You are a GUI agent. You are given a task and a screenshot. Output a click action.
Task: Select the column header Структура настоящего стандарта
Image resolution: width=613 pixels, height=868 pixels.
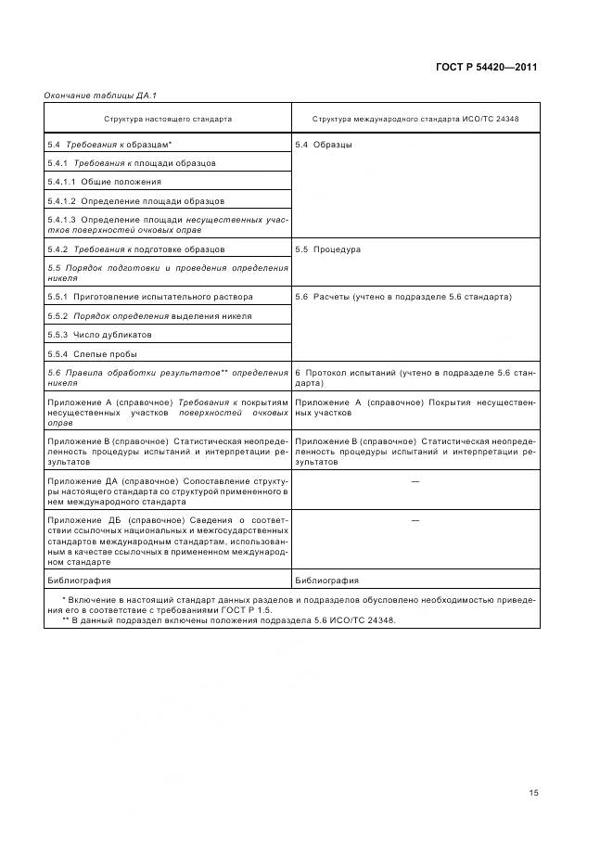coord(168,119)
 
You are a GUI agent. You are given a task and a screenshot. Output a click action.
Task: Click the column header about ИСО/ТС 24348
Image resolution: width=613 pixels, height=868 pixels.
coord(415,119)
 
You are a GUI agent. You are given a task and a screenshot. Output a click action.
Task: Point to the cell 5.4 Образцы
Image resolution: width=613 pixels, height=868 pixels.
coord(323,145)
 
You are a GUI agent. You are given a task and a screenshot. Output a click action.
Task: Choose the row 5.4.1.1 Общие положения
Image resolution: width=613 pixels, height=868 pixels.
coord(104,182)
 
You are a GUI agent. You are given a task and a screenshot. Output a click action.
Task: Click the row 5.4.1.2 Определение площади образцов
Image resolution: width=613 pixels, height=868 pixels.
coord(135,200)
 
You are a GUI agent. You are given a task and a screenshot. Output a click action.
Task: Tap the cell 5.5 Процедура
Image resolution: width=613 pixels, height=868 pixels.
coord(327,249)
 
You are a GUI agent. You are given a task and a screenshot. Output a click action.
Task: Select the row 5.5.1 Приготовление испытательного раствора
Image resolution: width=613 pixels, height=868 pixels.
coord(150,297)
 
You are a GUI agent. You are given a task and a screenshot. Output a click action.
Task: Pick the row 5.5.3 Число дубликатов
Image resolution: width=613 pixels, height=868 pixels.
coord(99,335)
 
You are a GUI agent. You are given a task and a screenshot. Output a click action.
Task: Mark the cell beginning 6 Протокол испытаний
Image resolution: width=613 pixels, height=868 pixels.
coord(415,377)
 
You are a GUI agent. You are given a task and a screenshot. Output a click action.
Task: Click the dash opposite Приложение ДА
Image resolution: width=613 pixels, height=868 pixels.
coord(415,482)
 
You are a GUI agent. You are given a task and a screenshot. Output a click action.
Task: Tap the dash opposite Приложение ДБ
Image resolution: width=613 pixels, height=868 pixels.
coord(415,520)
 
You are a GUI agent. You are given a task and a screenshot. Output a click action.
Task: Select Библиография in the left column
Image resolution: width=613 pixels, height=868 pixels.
coord(79,581)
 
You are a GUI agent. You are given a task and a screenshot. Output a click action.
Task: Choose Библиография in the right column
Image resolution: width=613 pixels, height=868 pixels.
coord(326,581)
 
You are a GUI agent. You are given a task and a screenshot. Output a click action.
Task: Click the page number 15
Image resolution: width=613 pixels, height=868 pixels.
coord(533,767)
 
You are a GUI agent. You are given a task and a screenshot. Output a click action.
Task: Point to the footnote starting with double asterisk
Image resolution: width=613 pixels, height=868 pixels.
coord(228,620)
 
